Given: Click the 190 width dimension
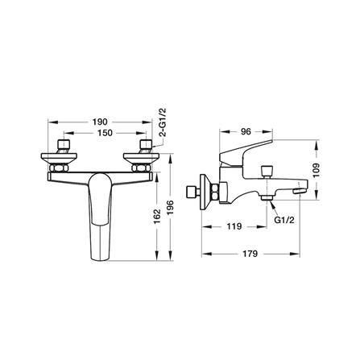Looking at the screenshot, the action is [100, 122].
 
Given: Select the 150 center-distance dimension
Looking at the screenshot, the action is [105, 133].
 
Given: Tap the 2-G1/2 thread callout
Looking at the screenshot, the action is [163, 122].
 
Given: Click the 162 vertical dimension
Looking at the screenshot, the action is [156, 217].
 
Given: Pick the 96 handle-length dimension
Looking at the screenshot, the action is [246, 131].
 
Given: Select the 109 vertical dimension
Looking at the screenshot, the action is [317, 170].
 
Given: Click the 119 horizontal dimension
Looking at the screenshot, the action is [234, 226].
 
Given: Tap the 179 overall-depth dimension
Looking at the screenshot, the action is [250, 254].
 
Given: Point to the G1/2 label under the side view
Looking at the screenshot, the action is [284, 220].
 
